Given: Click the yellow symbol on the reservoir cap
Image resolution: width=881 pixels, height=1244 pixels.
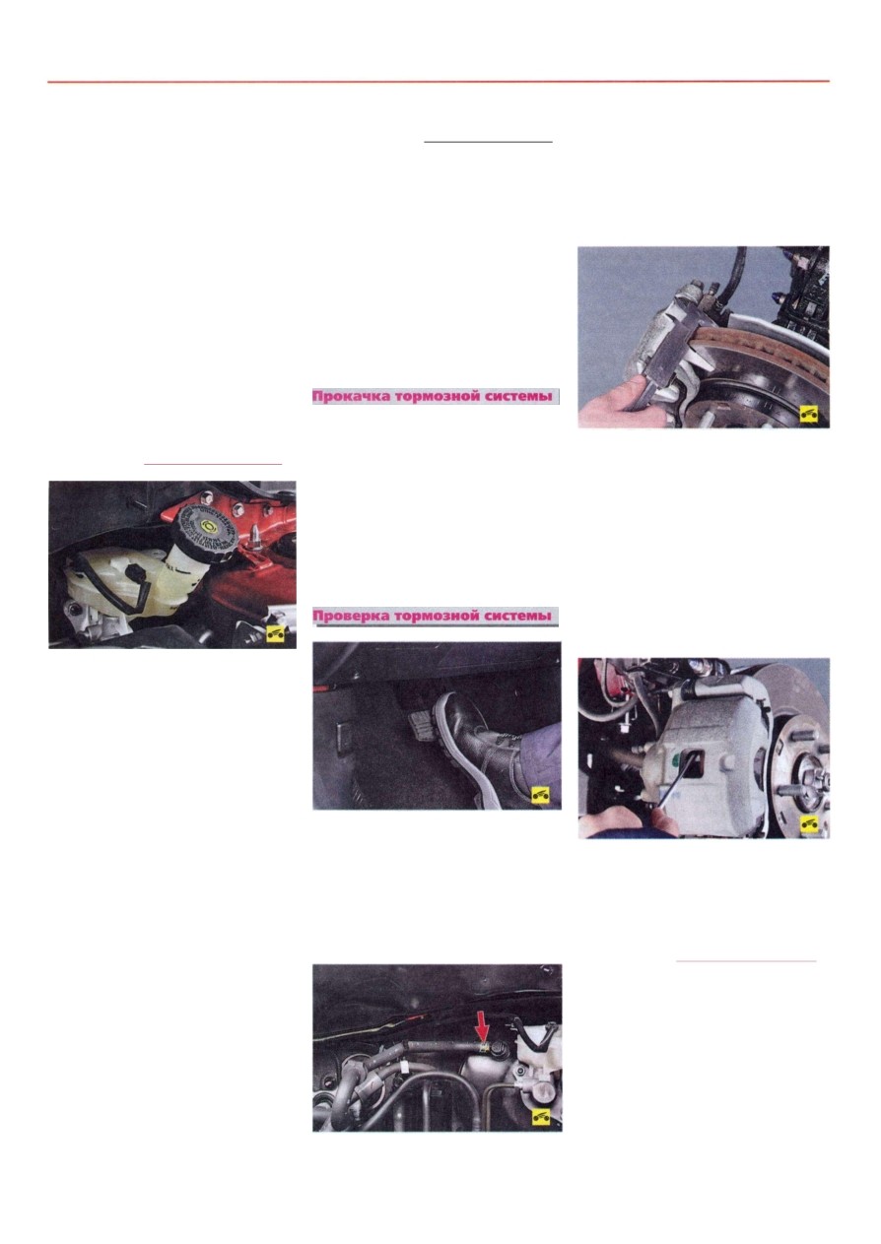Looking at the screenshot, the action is (208, 524).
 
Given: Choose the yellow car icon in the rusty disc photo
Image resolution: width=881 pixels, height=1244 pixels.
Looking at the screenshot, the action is (809, 414).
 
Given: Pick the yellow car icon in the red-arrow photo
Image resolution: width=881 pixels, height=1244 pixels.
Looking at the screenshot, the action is (541, 1115).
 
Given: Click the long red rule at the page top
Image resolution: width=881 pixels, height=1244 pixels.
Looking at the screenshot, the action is (439, 82).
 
